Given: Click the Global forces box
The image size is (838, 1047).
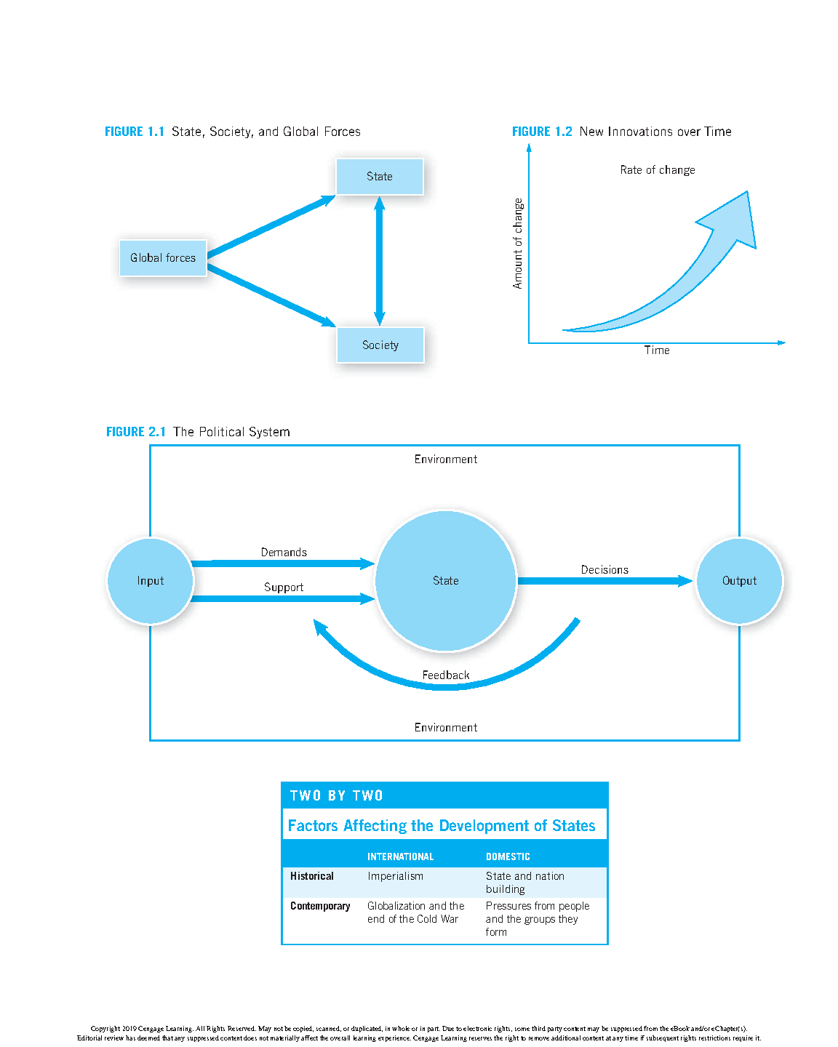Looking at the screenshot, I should pos(163,258).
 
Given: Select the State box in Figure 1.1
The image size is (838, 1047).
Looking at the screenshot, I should pos(379,177).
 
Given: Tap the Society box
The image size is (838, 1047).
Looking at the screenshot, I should pos(380,345).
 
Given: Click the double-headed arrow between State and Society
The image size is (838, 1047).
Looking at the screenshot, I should pos(379,261).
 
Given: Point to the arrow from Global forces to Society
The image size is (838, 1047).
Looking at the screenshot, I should pos(271,295).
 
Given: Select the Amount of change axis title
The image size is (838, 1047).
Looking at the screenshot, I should pos(518,244).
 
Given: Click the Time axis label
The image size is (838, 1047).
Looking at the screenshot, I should pos(656,350).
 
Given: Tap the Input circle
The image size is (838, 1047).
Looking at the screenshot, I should pos(151,581).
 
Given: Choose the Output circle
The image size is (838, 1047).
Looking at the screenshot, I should pos(739,581).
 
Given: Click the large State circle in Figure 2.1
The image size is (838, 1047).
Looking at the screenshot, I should pos(445,581).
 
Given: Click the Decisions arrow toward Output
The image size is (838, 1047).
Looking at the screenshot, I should pos(604,581).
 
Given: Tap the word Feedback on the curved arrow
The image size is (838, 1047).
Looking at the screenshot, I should pos(445,675).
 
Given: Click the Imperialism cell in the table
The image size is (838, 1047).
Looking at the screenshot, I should pos(395,876).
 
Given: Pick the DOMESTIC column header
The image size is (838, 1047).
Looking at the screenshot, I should pos(508,857).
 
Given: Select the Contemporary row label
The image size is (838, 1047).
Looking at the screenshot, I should pos(320,906).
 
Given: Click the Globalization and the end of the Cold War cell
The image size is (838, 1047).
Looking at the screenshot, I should pos(415,912).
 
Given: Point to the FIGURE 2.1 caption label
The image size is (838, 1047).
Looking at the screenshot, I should pos(136,432).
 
